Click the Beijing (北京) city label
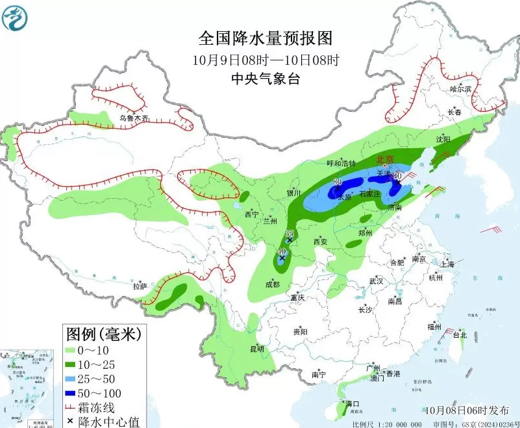[386, 159]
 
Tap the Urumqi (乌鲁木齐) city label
[134, 118]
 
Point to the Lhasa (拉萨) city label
[140, 286]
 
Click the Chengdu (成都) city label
[273, 284]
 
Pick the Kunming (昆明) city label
[257, 349]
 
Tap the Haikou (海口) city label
[353, 403]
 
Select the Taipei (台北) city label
[460, 335]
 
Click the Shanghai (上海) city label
[447, 264]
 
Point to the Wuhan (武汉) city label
[377, 281]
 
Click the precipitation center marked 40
[282, 258]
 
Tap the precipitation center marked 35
[290, 240]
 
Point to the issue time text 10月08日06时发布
[467, 410]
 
